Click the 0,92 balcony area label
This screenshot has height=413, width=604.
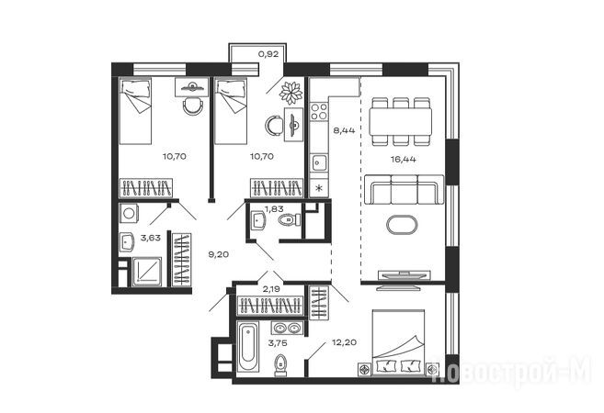pyautogui.click(x=268, y=54)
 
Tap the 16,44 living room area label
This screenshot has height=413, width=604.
pyautogui.click(x=404, y=159)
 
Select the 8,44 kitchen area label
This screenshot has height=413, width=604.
pyautogui.click(x=344, y=130)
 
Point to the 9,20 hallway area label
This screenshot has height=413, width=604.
pyautogui.click(x=219, y=254)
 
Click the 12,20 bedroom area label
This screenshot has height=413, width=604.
pyautogui.click(x=344, y=341)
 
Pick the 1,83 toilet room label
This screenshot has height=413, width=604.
pyautogui.click(x=274, y=209)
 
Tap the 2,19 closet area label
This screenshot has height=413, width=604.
pyautogui.click(x=271, y=289)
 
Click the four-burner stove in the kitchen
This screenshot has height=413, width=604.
pyautogui.click(x=319, y=111)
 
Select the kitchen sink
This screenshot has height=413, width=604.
pyautogui.click(x=319, y=163)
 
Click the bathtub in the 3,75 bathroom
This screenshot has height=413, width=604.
pyautogui.click(x=247, y=347)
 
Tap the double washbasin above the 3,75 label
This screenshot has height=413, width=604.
pyautogui.click(x=287, y=328)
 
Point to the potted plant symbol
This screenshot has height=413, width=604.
pyautogui.click(x=291, y=93)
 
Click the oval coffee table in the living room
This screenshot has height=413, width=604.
pyautogui.click(x=402, y=225)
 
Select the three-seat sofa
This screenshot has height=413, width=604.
pyautogui.click(x=405, y=190)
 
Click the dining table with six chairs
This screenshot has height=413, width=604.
pyautogui.click(x=401, y=121)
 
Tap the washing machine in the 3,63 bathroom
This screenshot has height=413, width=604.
pyautogui.click(x=129, y=213)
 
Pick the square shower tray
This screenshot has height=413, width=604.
pyautogui.click(x=147, y=272)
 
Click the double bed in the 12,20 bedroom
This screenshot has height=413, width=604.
pyautogui.click(x=399, y=341)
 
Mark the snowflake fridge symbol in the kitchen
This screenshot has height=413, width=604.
pyautogui.click(x=319, y=188)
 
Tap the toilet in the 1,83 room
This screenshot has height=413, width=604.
pyautogui.click(x=289, y=220)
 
